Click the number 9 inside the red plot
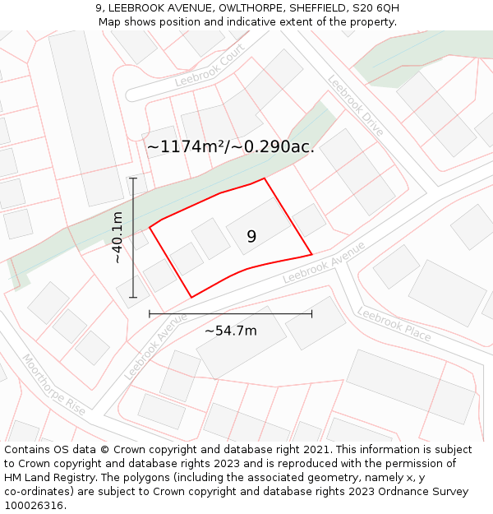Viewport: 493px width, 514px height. (x=251, y=237)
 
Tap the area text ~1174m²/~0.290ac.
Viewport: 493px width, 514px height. (x=230, y=147)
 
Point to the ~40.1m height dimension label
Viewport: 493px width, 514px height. (x=117, y=238)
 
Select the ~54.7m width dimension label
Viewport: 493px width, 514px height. (x=230, y=331)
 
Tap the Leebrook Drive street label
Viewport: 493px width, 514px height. (x=356, y=107)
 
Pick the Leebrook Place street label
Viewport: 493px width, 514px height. (x=394, y=323)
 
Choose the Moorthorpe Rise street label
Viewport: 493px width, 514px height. (x=53, y=385)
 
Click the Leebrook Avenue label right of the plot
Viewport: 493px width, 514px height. (x=324, y=262)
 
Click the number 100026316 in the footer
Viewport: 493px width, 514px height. (x=33, y=505)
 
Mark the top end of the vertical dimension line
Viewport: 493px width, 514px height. (x=133, y=178)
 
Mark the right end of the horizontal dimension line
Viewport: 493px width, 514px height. (x=311, y=313)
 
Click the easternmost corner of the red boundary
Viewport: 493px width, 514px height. (x=311, y=254)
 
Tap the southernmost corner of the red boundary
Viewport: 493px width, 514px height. (x=191, y=297)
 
